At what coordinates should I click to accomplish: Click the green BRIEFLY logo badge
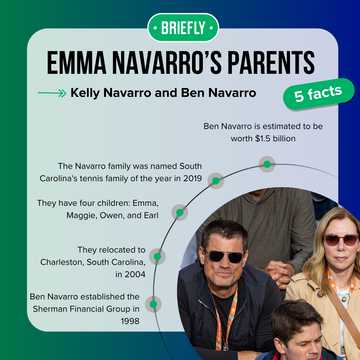point(180,27)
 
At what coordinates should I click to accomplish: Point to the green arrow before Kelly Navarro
point(51,93)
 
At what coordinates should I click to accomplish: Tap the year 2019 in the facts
point(191,178)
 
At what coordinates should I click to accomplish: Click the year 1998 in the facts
point(128,321)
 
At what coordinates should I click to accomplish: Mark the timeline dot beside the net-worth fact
point(267,164)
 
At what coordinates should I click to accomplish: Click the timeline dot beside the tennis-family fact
point(215,181)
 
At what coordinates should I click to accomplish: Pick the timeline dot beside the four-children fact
point(179,212)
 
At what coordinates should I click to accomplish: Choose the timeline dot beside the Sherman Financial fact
point(153,303)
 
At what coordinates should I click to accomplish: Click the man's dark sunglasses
point(225,257)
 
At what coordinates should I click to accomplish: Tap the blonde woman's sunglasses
point(340,240)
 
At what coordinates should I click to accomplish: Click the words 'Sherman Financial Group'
point(85,309)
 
